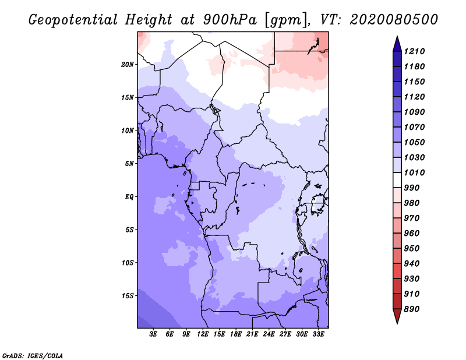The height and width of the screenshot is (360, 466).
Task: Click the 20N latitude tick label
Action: pyautogui.click(x=128, y=64)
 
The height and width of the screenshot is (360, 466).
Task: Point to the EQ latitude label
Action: pyautogui.click(x=130, y=196)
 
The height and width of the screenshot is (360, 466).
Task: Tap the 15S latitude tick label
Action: pyautogui.click(x=128, y=295)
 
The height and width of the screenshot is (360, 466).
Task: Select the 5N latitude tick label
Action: pyautogui.click(x=129, y=163)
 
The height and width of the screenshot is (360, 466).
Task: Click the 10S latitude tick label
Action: pyautogui.click(x=128, y=263)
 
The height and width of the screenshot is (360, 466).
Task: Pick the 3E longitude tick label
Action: pyautogui.click(x=154, y=334)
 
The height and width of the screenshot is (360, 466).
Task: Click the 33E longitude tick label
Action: pyautogui.click(x=319, y=334)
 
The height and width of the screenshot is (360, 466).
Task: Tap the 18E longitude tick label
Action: pyautogui.click(x=236, y=334)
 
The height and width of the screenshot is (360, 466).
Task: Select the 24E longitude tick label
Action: pyautogui.click(x=269, y=334)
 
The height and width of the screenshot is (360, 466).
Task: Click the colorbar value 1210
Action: pyautogui.click(x=415, y=51)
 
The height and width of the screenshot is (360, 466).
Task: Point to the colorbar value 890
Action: pyautogui.click(x=412, y=309)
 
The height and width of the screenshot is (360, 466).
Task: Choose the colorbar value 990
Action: pyautogui.click(x=412, y=188)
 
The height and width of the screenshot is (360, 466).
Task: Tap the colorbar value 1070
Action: pyautogui.click(x=415, y=127)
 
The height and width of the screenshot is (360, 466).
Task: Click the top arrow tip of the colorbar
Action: pyautogui.click(x=397, y=37)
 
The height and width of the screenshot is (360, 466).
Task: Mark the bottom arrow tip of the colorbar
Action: pyautogui.click(x=397, y=322)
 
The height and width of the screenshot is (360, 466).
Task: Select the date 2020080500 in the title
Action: pyautogui.click(x=394, y=19)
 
